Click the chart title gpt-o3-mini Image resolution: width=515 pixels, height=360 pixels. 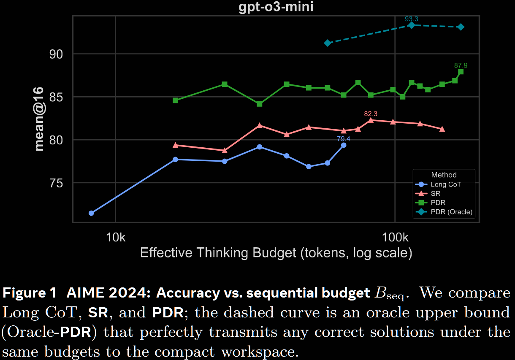276,7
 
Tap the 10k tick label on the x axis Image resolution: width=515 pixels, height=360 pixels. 116,237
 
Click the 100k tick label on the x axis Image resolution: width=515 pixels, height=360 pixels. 394,237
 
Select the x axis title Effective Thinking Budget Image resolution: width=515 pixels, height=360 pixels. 276,253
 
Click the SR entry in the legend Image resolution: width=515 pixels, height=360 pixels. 435,194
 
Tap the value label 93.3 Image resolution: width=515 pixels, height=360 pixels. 412,19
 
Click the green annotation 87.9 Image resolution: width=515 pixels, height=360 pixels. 461,65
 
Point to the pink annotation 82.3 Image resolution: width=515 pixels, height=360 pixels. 371,114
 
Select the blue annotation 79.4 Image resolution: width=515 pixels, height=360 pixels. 343,138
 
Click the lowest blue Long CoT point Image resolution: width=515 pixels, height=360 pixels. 91,213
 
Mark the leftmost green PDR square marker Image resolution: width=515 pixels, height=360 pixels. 176,100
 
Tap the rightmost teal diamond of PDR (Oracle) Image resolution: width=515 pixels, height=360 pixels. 461,27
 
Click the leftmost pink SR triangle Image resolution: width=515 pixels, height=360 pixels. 176,145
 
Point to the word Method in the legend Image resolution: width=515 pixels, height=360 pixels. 444,175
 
